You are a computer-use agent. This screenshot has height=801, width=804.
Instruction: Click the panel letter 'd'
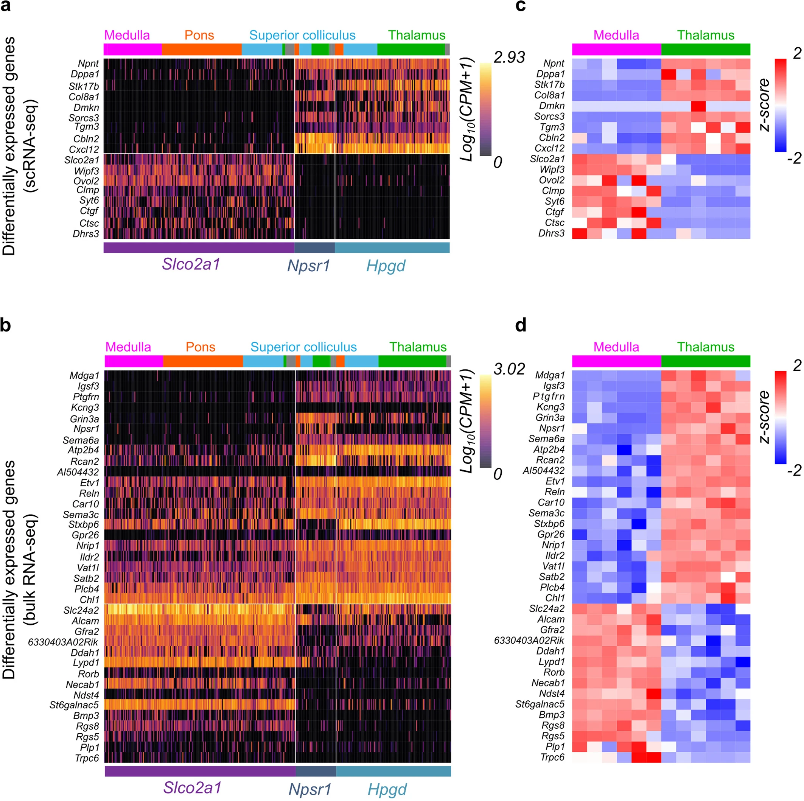[x=521, y=325]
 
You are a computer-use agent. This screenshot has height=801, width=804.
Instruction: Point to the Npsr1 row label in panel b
[x=86, y=429]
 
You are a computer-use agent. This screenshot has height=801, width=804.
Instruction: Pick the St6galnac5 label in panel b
[x=74, y=705]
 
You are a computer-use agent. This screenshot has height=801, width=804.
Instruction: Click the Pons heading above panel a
[x=199, y=35]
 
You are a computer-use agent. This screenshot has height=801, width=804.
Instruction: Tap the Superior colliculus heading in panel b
[x=303, y=347]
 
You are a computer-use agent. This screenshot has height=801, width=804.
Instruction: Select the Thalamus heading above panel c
[x=705, y=35]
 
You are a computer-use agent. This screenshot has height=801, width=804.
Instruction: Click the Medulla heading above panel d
[x=616, y=347]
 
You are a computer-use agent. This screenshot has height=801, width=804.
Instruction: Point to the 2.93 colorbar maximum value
[x=509, y=58]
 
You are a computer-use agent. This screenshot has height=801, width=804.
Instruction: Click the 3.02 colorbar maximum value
[x=509, y=369]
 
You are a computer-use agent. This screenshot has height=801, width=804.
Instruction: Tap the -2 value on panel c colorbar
[x=794, y=159]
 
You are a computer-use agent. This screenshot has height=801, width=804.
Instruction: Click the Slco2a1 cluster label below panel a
[x=191, y=264]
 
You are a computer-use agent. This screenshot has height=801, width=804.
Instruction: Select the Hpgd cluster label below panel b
[x=387, y=789]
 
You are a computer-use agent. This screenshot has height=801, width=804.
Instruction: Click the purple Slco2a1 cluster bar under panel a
[x=199, y=248]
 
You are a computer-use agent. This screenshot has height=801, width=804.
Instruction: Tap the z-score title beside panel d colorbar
[x=765, y=417]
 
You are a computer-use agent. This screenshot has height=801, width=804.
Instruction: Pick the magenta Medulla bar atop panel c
[x=616, y=50]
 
